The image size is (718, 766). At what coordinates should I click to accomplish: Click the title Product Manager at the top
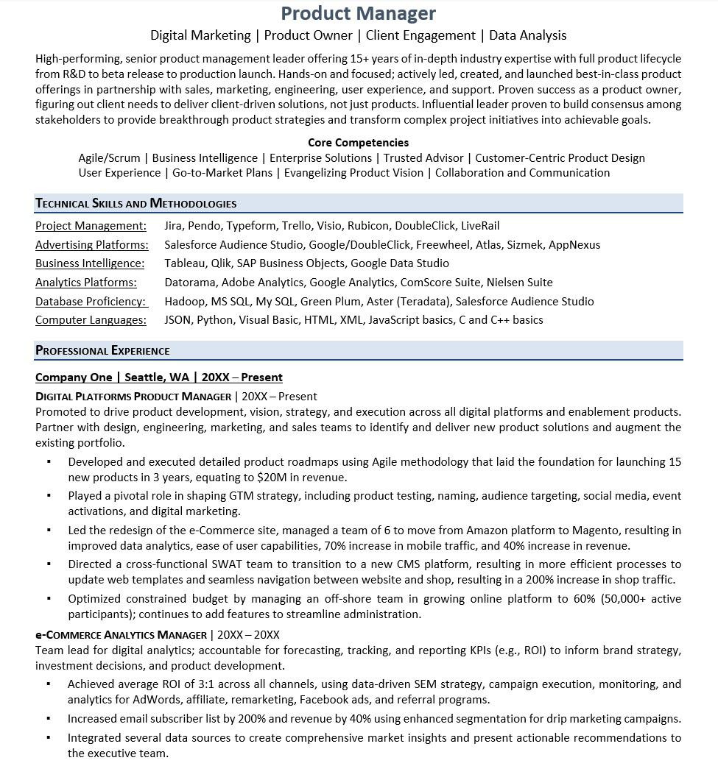[x=359, y=13]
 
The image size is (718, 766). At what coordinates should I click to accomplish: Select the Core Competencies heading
[x=358, y=143]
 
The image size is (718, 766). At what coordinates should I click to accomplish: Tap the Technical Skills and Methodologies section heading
[x=136, y=204]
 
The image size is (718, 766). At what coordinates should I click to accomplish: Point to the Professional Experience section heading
[x=102, y=351]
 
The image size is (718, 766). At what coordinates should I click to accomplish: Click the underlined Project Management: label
[x=91, y=226]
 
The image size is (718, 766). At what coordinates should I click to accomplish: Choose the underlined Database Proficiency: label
[x=91, y=302]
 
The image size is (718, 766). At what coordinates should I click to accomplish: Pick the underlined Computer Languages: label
[x=91, y=320]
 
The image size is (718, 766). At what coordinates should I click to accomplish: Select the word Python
[x=215, y=320]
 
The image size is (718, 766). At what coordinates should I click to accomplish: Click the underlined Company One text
[x=74, y=377]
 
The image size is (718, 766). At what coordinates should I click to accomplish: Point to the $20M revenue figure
[x=272, y=478]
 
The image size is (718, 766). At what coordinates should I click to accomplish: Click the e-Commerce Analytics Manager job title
[x=121, y=635]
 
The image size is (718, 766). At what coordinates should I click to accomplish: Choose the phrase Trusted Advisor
[x=423, y=158]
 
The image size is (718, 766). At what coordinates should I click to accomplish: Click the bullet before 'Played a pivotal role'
[x=49, y=496]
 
